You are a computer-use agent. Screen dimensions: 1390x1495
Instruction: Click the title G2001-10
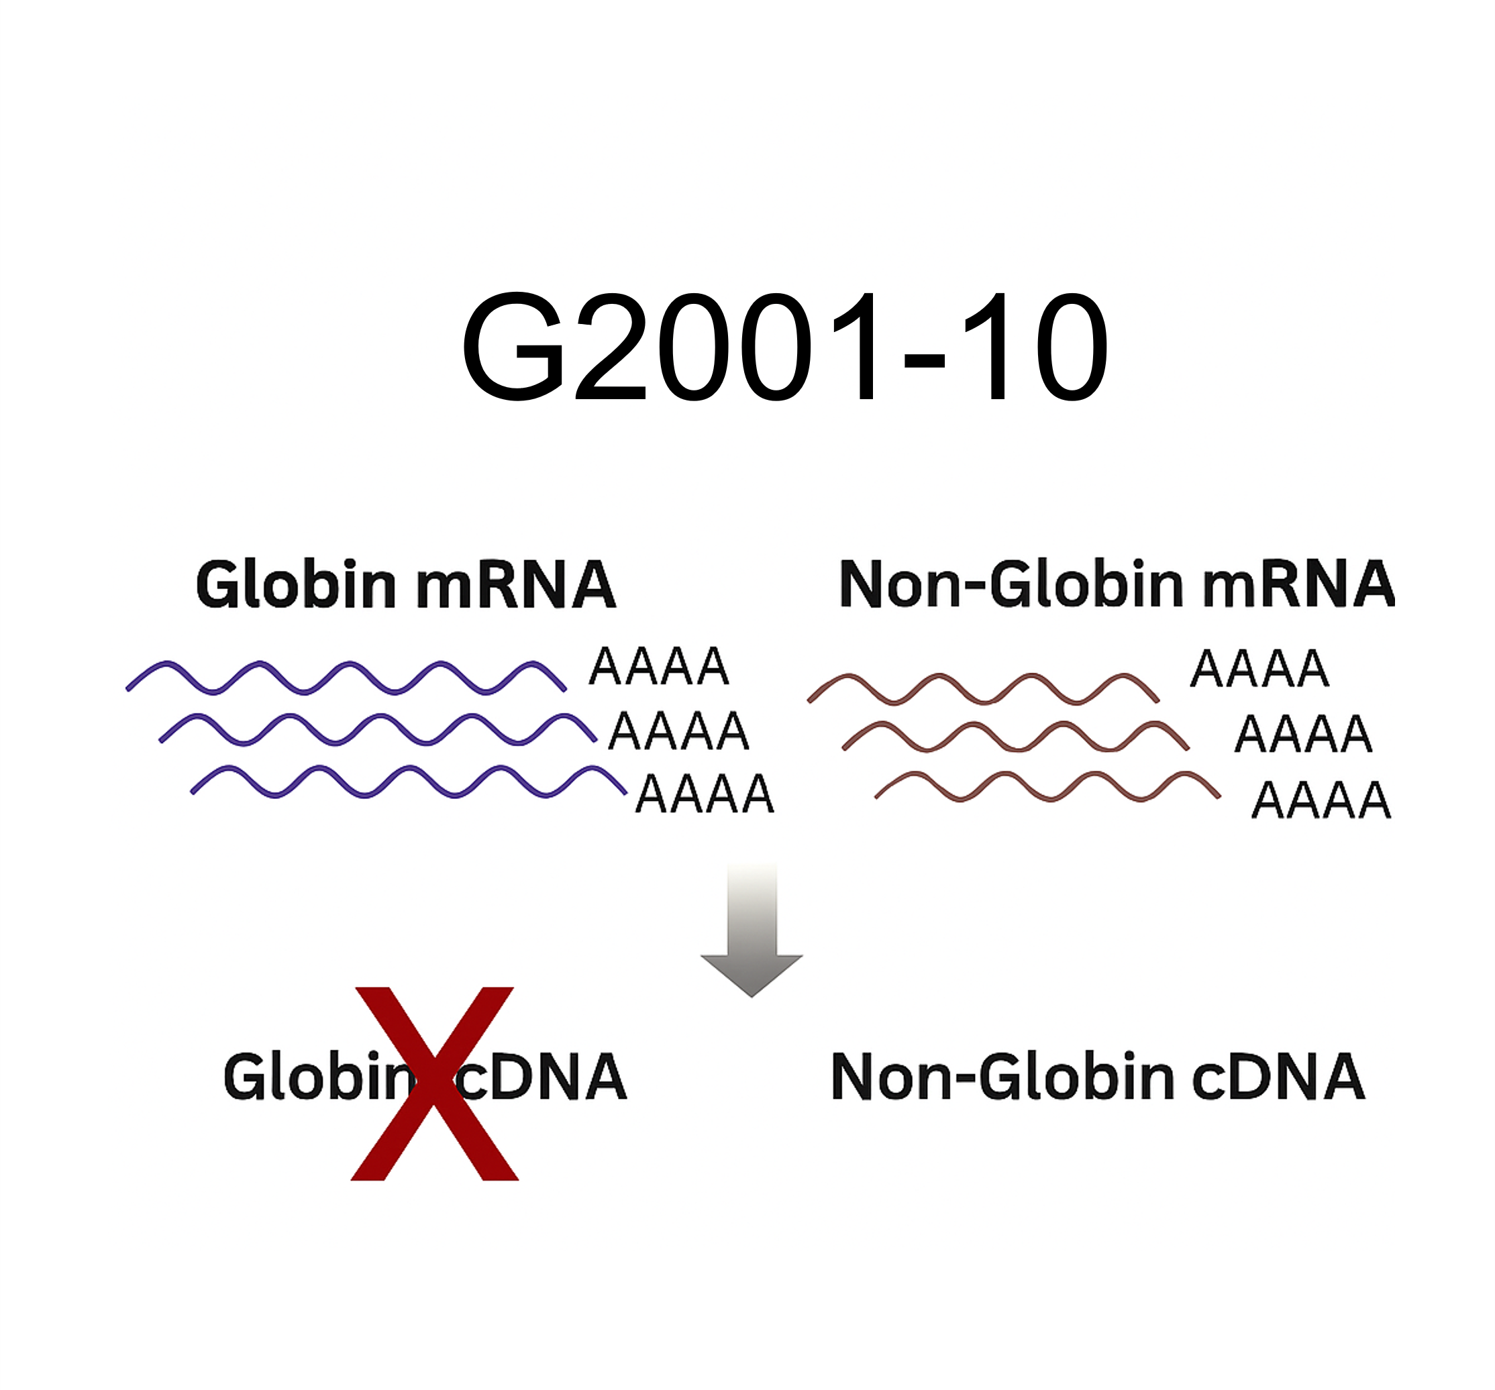(x=784, y=347)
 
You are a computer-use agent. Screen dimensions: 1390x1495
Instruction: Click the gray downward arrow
(x=752, y=932)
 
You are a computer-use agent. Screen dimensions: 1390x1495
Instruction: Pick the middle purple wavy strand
(x=378, y=729)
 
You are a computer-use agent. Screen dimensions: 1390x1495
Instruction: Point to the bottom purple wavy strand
(x=409, y=781)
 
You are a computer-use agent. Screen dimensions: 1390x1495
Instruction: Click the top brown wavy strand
(x=983, y=688)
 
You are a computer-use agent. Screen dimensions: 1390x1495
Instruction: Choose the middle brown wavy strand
(x=1015, y=736)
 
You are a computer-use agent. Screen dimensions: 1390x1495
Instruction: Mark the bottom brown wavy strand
(x=1047, y=786)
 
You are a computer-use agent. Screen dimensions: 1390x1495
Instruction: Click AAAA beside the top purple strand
(x=659, y=667)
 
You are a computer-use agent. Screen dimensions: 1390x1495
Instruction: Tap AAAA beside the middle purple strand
(x=678, y=731)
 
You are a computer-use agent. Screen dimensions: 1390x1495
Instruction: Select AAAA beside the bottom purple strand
(x=705, y=794)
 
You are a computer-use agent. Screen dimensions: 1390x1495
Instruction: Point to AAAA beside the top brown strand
(x=1259, y=669)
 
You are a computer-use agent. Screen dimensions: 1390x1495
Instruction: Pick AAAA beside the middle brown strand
(x=1303, y=735)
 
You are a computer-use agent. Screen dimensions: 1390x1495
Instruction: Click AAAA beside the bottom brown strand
(x=1321, y=800)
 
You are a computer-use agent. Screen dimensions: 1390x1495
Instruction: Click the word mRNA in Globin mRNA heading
(x=516, y=585)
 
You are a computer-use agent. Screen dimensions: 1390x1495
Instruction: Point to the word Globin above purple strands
(x=295, y=585)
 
